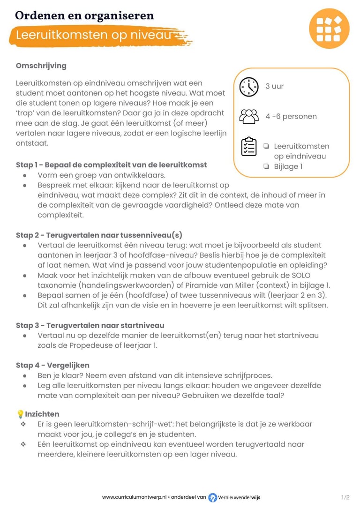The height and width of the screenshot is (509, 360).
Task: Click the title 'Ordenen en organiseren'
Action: (x=84, y=15)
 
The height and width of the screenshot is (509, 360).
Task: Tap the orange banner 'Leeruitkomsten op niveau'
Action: (x=94, y=35)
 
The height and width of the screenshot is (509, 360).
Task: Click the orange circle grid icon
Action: (x=329, y=28)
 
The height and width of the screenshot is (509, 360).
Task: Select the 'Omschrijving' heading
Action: (x=41, y=66)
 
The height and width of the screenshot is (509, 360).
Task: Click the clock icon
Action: (x=249, y=87)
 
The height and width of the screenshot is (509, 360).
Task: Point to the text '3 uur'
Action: (x=275, y=86)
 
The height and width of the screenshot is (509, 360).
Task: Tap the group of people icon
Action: (x=249, y=116)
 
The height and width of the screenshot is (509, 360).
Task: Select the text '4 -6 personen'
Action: (x=291, y=116)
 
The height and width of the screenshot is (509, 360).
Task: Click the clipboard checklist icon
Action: (x=249, y=146)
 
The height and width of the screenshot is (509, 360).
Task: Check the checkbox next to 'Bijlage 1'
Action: (x=266, y=166)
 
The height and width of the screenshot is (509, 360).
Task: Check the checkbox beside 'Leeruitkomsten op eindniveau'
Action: (x=266, y=146)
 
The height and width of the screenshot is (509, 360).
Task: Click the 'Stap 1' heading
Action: (x=111, y=165)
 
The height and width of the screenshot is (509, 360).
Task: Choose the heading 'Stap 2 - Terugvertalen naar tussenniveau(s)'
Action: (x=99, y=235)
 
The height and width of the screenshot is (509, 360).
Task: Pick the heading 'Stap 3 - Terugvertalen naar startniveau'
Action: (x=90, y=325)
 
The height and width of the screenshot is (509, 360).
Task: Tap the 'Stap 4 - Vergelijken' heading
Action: (x=52, y=365)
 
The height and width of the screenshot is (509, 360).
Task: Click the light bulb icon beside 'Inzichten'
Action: (x=20, y=414)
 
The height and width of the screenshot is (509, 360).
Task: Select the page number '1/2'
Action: (x=345, y=497)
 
